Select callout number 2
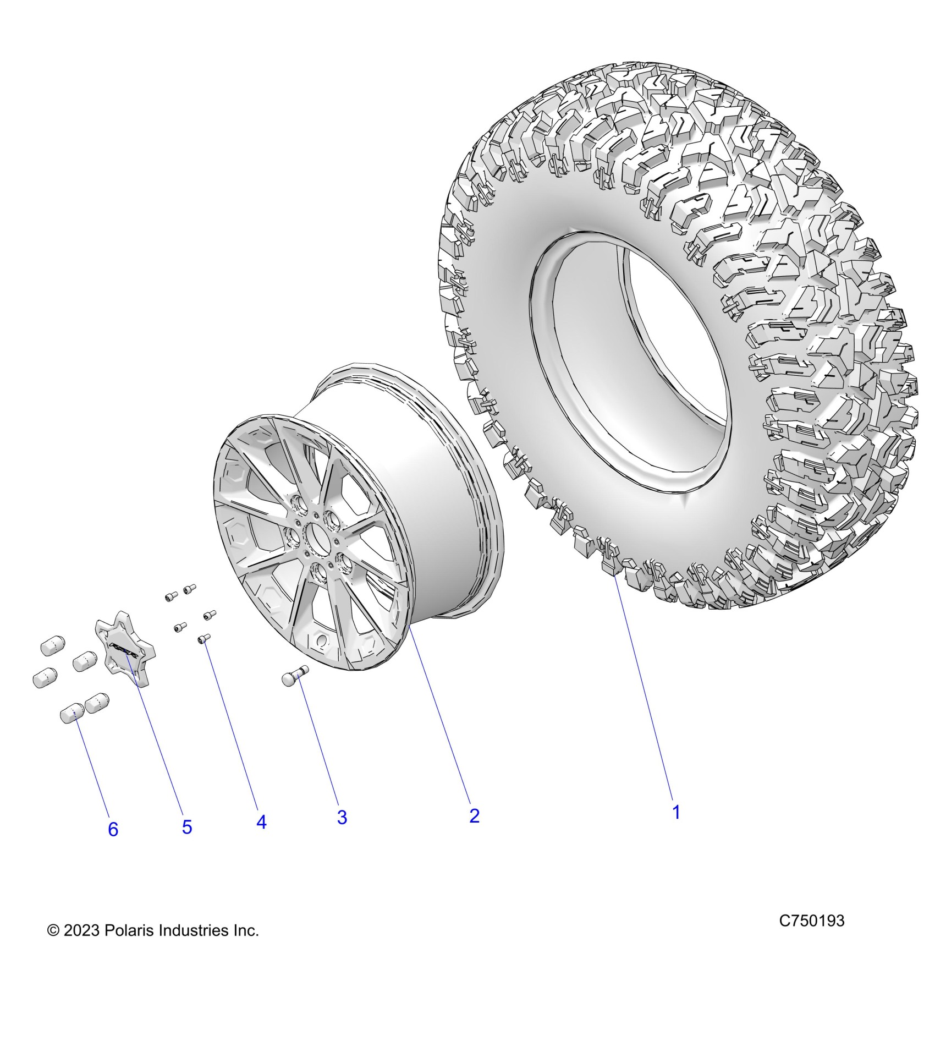474,831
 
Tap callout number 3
342,833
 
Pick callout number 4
261,837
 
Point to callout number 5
187,842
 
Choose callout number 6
113,845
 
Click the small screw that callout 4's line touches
204,638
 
